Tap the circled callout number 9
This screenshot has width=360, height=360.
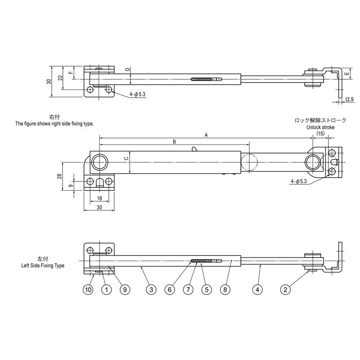click(x=125, y=290)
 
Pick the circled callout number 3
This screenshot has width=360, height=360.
click(x=151, y=290)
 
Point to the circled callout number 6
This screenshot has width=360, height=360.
click(x=170, y=290)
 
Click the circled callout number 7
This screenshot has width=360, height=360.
click(x=189, y=290)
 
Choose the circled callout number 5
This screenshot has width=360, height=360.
click(x=206, y=290)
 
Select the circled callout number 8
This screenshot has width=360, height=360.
click(x=225, y=290)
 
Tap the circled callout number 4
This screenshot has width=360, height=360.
click(x=257, y=290)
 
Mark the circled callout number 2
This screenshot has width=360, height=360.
click(x=284, y=290)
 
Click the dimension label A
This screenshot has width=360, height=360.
click(x=207, y=135)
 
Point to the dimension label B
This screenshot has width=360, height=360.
click(x=175, y=141)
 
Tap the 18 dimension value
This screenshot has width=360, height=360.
click(x=99, y=198)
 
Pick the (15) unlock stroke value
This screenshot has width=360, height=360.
click(x=320, y=134)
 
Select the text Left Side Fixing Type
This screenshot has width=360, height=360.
click(x=43, y=265)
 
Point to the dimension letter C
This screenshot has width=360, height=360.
click(x=126, y=158)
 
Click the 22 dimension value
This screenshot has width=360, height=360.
click(x=60, y=77)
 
